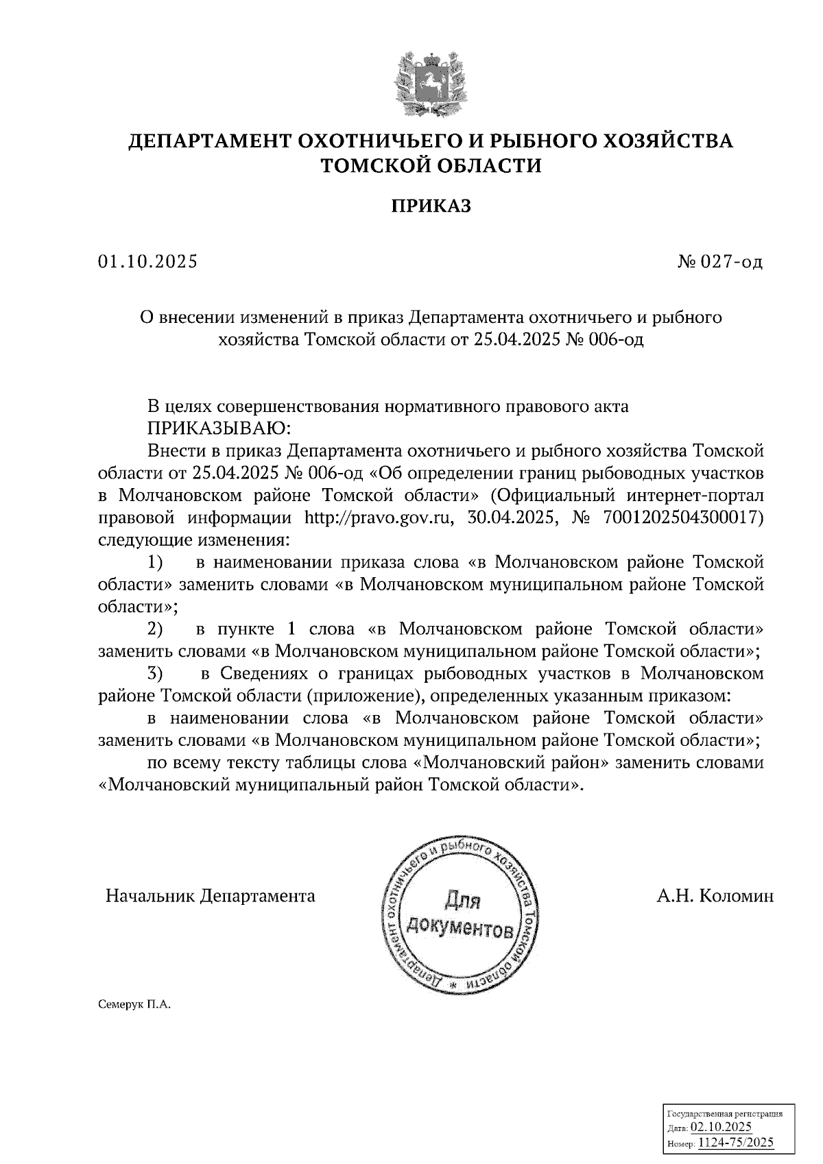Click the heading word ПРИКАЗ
(x=431, y=206)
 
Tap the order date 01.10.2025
(x=147, y=261)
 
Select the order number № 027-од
(x=719, y=261)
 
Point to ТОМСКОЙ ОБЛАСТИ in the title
(x=431, y=165)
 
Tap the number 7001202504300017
(x=682, y=517)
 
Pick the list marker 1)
(x=156, y=563)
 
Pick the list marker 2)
(x=156, y=629)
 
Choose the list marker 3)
(x=156, y=673)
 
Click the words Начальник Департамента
(x=211, y=895)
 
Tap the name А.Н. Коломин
(x=715, y=895)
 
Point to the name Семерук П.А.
(x=134, y=1004)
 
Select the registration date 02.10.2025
(x=721, y=1128)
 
